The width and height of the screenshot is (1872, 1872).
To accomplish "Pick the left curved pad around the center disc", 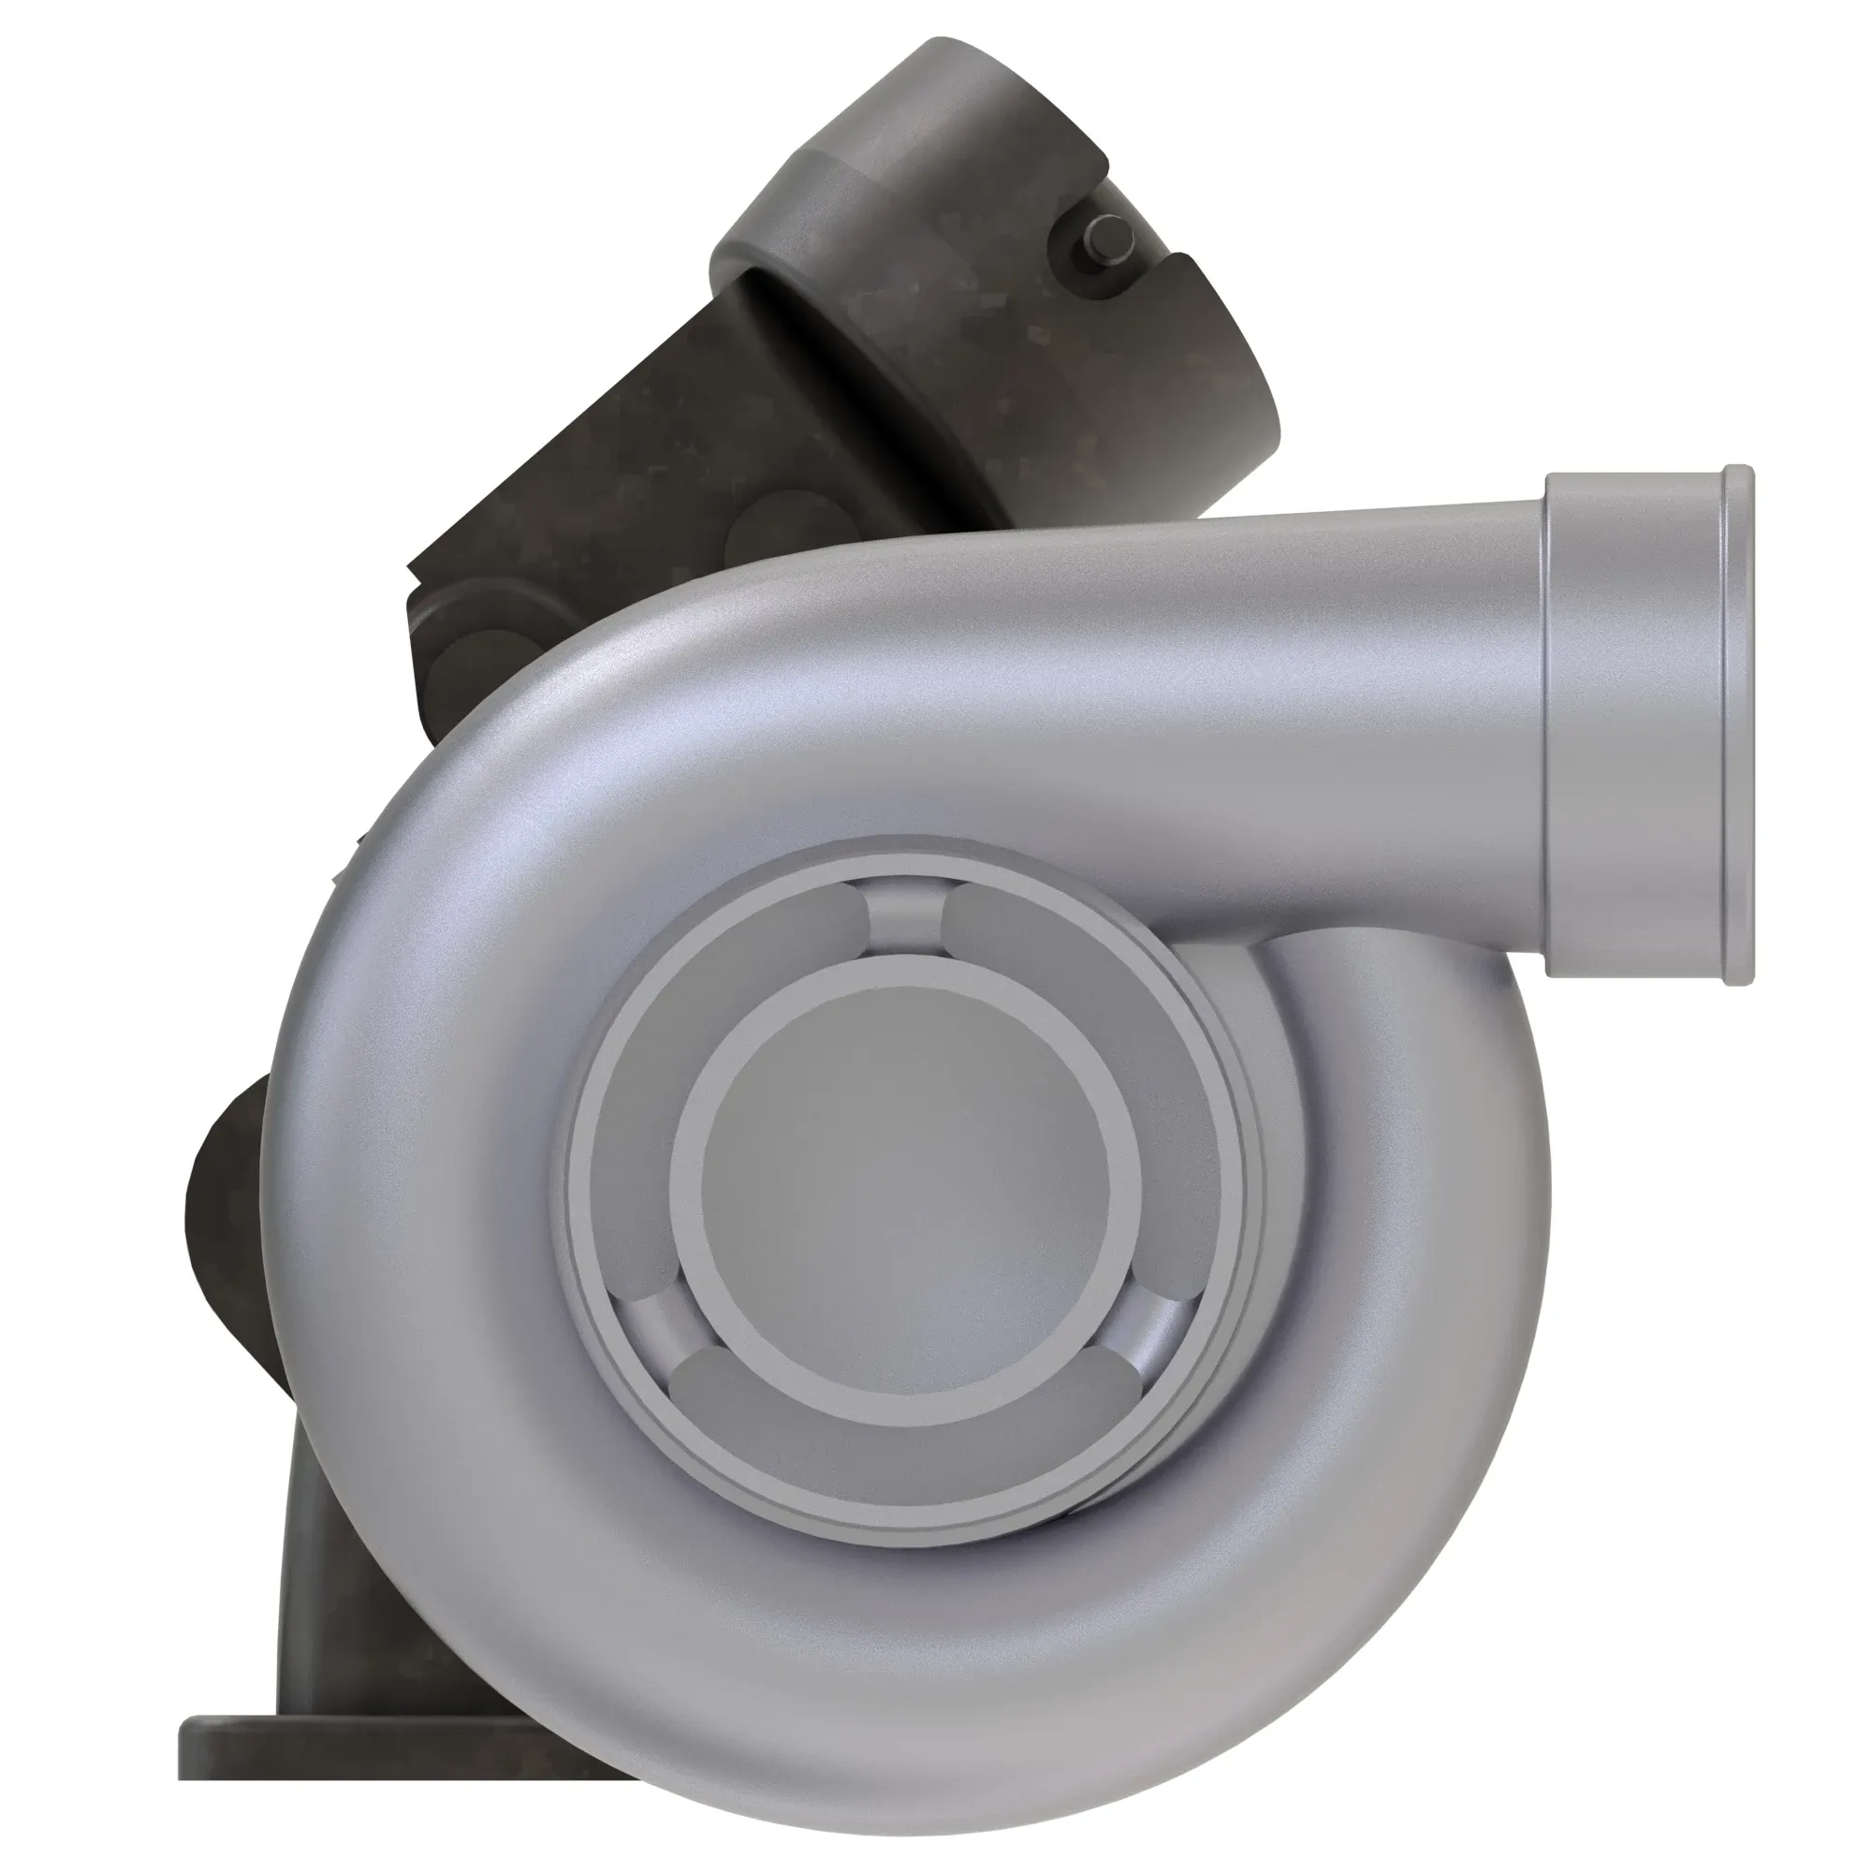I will [x=639, y=1114].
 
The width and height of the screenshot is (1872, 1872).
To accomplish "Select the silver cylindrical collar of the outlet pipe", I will [x=1637, y=726].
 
